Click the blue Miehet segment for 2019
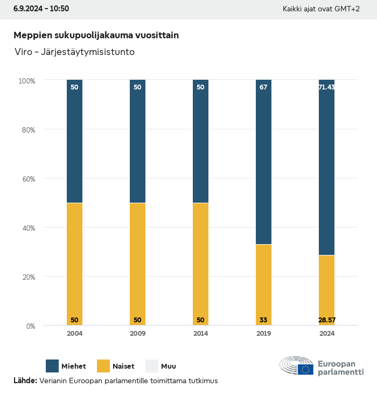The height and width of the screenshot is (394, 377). [263, 162]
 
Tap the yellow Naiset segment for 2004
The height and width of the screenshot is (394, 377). [74, 264]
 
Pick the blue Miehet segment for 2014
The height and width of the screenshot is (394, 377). [200, 141]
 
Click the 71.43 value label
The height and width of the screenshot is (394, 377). [326, 87]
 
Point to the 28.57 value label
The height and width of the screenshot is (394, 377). [326, 320]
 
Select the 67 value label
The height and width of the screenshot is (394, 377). [263, 87]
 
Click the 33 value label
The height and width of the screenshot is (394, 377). [263, 320]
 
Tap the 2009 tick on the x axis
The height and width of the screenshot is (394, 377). [137, 334]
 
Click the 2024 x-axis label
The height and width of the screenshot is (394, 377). [326, 334]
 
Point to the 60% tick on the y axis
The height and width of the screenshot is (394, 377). [27, 179]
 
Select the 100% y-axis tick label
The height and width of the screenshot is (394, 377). [26, 81]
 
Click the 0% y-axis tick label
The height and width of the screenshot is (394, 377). [30, 326]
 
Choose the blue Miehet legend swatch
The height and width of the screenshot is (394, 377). [52, 366]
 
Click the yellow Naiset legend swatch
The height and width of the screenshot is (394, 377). [103, 366]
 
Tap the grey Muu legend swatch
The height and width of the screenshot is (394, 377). [152, 366]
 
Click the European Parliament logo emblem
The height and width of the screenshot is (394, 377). [297, 366]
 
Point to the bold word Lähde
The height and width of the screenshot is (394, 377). [25, 381]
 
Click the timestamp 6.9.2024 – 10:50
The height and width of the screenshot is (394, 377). [41, 9]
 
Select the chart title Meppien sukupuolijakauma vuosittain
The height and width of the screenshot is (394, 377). [96, 35]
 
